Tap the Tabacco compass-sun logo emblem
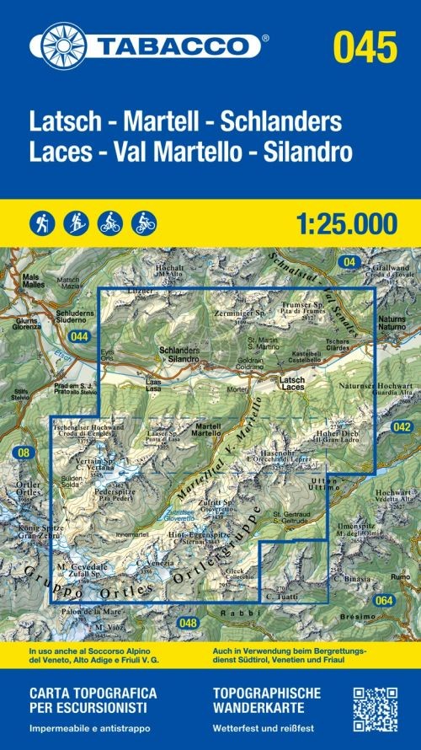[59, 44]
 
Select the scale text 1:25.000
[345, 223]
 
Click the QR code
[374, 709]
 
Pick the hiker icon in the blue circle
[41, 223]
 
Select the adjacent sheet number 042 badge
[402, 427]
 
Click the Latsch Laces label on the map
[291, 385]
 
